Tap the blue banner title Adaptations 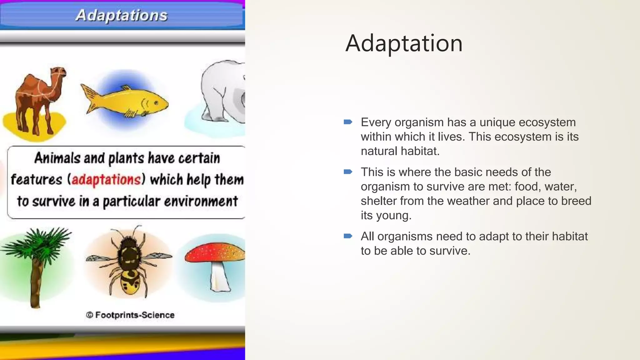click(121, 15)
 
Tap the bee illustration click(129, 262)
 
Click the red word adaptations click(106, 180)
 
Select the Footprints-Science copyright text click(130, 315)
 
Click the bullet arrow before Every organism click(348, 122)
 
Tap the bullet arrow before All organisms click(348, 236)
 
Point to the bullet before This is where click(348, 172)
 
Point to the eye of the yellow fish click(156, 103)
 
